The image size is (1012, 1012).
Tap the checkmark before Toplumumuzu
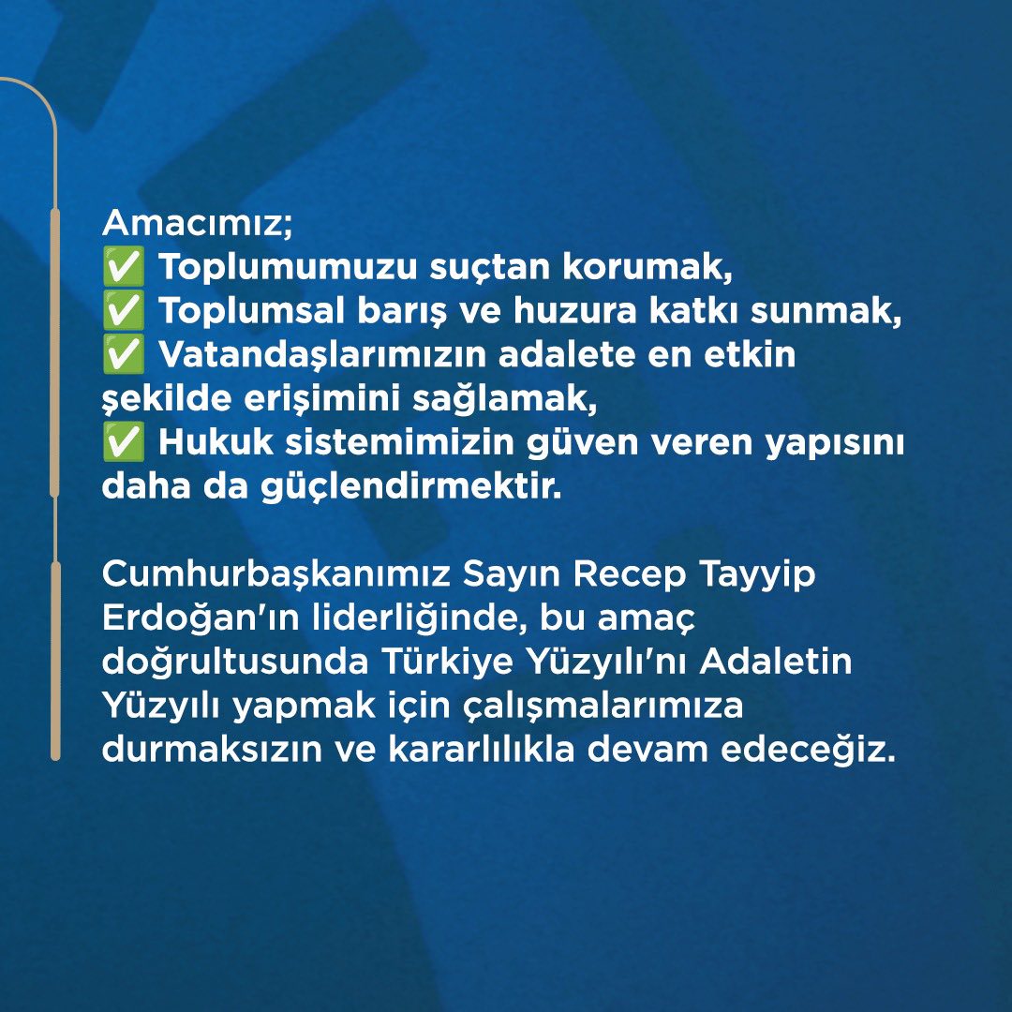pos(124,266)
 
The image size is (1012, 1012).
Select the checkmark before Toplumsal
pos(124,310)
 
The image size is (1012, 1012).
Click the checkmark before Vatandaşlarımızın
pos(124,354)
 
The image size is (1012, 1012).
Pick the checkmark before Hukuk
pos(124,442)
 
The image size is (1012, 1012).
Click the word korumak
pos(647,266)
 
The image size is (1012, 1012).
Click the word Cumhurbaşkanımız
pos(276,573)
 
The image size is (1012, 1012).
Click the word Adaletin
pos(775,662)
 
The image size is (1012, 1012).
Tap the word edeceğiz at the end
pos(808,751)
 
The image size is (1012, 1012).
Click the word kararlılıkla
pos(482,750)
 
